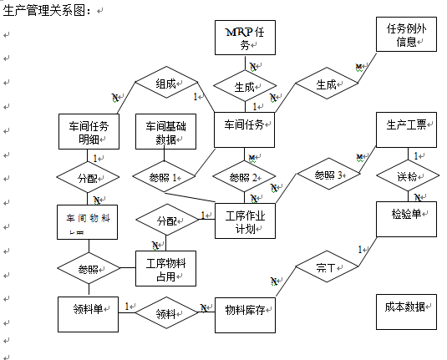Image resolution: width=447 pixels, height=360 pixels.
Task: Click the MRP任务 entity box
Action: click(245, 38)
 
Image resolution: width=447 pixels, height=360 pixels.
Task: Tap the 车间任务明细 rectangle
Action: click(89, 132)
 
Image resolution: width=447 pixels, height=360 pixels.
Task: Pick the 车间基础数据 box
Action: click(165, 132)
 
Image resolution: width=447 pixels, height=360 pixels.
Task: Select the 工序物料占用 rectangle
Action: click(165, 269)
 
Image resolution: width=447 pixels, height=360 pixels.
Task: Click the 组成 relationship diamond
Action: click(165, 84)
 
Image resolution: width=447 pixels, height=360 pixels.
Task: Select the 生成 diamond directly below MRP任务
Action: click(245, 84)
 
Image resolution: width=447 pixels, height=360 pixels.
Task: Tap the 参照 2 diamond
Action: click(245, 178)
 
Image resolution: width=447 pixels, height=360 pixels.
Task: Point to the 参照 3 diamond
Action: click(328, 175)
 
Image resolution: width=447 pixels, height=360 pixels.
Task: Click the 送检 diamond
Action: click(406, 177)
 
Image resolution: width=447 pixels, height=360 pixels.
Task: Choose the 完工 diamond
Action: click(326, 269)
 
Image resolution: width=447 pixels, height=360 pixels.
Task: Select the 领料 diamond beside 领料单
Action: click(165, 313)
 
